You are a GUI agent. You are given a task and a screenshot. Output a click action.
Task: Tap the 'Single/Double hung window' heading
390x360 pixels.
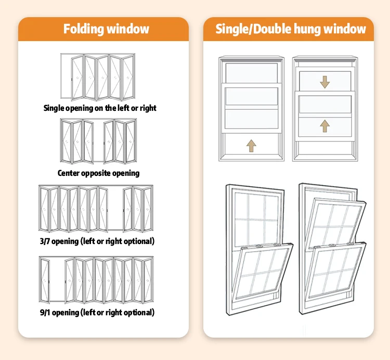coord(291,29)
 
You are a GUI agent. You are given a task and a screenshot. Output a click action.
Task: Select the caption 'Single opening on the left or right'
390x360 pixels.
coord(100,108)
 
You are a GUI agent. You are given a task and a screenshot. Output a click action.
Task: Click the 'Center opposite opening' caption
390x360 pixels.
coord(99,173)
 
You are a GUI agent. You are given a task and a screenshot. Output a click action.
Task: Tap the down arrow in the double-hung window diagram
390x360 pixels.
coord(324,82)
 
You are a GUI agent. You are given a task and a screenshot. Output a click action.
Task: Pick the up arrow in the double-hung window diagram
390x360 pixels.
coord(324,125)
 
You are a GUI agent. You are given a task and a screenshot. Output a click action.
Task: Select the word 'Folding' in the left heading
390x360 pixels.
coord(82,29)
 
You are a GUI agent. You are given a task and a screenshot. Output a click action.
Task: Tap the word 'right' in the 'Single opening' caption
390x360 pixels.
coord(147,108)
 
